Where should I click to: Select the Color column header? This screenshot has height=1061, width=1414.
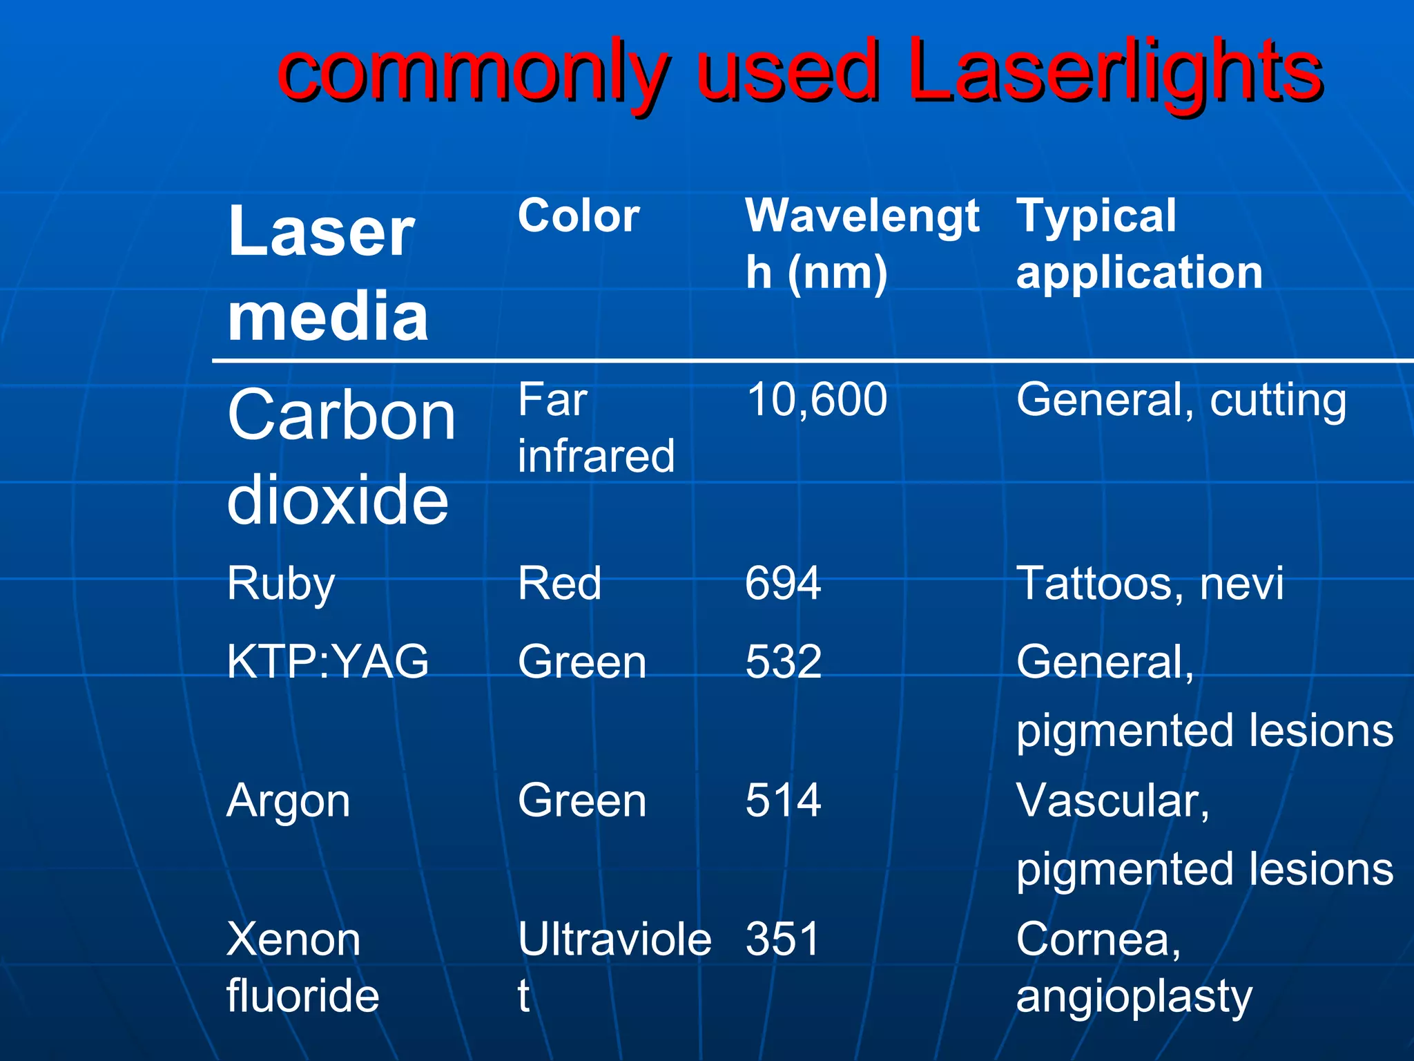pos(579,216)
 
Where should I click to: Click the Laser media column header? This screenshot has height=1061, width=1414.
pos(327,273)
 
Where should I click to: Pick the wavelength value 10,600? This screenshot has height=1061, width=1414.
pos(816,400)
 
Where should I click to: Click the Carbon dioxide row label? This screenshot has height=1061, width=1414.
pos(341,456)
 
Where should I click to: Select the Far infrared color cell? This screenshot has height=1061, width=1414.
pos(595,428)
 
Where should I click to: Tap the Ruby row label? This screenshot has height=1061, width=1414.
pos(280,584)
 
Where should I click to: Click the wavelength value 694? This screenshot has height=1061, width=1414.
pos(783,584)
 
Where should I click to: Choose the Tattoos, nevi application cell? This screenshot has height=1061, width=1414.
pos(1150,584)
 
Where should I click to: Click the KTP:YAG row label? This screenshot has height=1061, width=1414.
pos(327,662)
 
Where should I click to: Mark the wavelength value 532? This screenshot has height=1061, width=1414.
pos(783,662)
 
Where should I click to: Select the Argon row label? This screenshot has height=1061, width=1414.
pos(288,801)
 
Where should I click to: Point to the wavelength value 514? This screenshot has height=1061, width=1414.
pos(783,801)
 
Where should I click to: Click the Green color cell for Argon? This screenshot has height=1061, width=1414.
pos(582,801)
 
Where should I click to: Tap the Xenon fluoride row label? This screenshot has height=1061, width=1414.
pos(302,967)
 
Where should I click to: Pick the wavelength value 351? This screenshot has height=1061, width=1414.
pos(782,939)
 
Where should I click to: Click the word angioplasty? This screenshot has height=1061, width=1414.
pos(1134,997)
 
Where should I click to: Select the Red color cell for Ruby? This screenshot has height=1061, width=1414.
pos(559,584)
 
